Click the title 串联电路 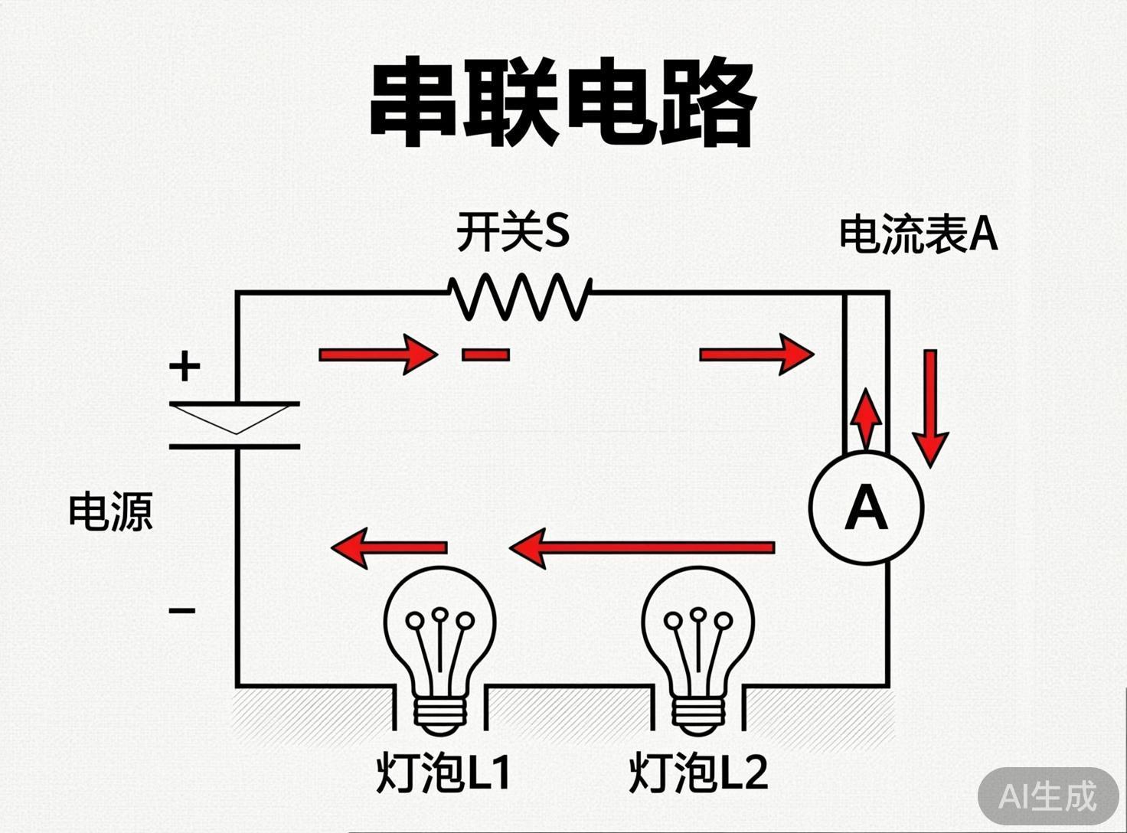click(563, 105)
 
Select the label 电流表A click(918, 234)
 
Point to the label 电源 click(111, 511)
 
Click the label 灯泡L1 click(443, 773)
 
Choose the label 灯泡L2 click(697, 773)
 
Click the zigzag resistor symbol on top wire click(521, 296)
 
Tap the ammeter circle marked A click(866, 508)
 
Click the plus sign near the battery click(185, 366)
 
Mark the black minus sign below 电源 click(182, 610)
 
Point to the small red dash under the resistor click(485, 354)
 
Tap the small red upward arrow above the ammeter click(866, 417)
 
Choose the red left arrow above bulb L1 click(389, 547)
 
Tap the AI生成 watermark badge click(1047, 797)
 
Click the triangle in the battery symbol click(236, 418)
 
